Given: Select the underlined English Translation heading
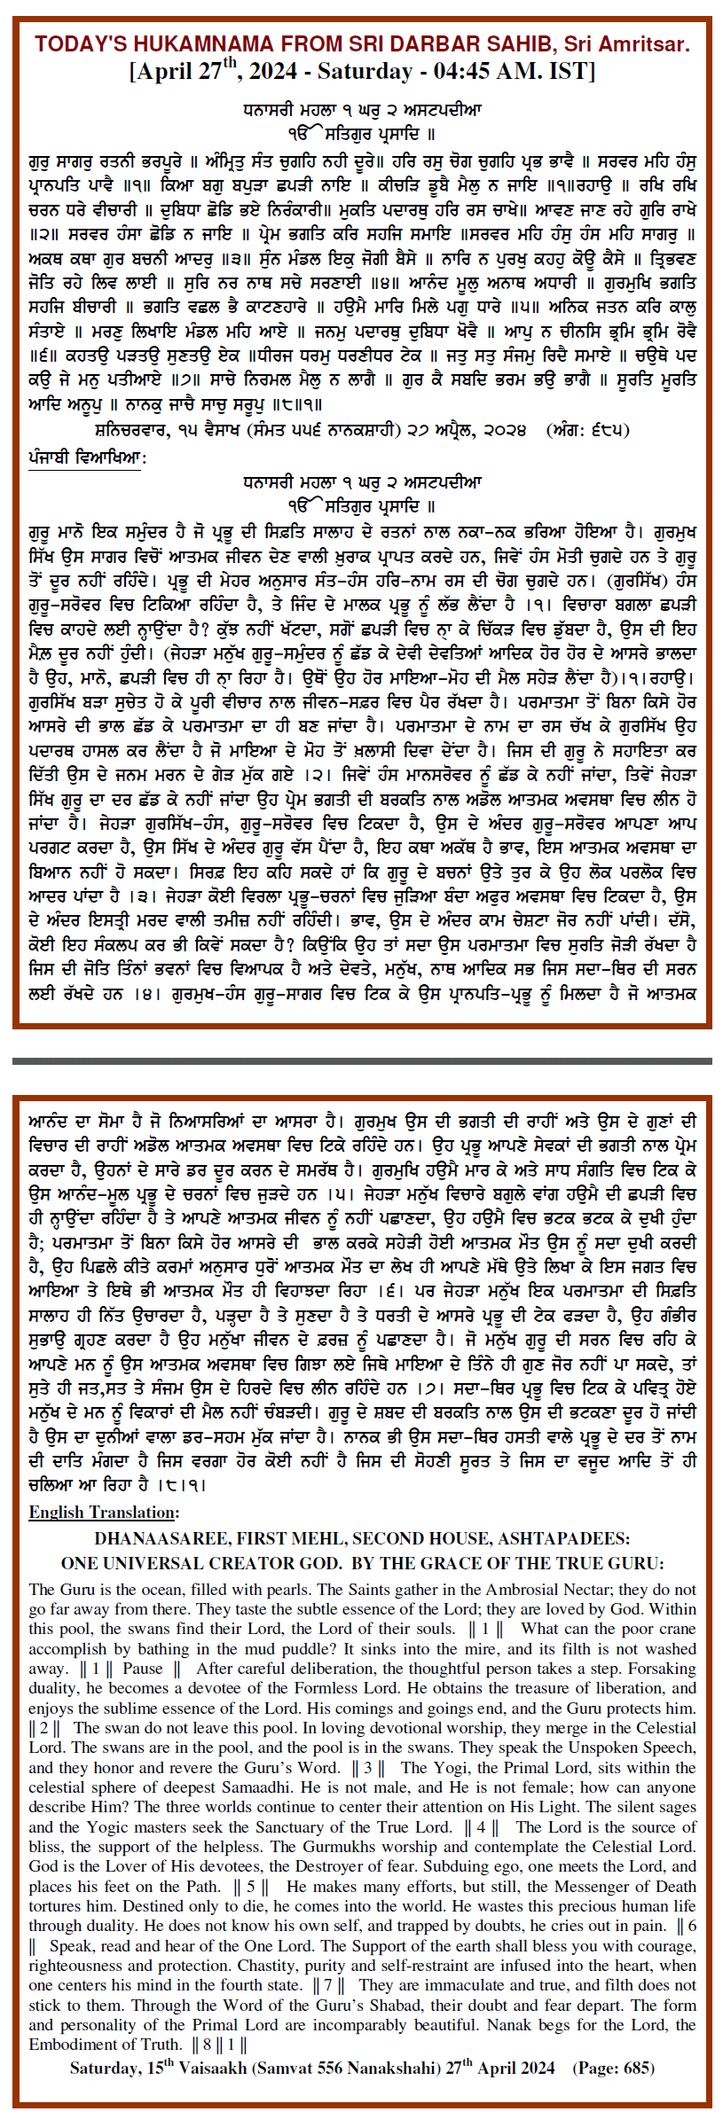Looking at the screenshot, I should click(104, 1513).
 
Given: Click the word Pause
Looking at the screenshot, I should click(144, 1669).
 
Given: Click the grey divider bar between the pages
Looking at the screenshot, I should click(361, 1060).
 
